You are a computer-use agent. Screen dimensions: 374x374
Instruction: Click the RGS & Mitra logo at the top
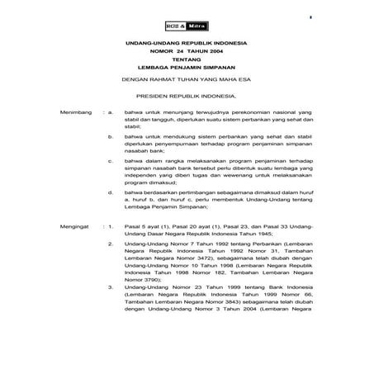pos(187,25)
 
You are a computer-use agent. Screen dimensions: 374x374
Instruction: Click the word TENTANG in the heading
pos(186,59)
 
